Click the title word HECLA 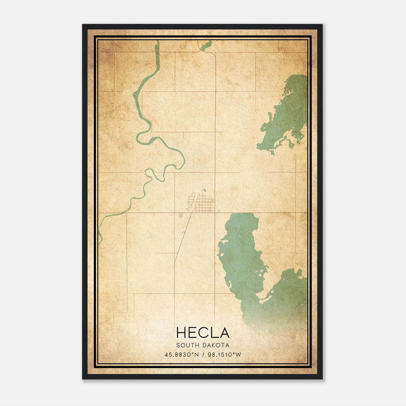(x=203, y=333)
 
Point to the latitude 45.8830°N (x=182, y=355)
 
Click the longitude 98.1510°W (x=224, y=355)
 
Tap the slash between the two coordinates (x=203, y=355)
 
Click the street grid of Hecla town (x=203, y=206)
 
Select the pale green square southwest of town (x=181, y=215)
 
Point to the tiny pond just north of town (x=204, y=190)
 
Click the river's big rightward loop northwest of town (x=178, y=155)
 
